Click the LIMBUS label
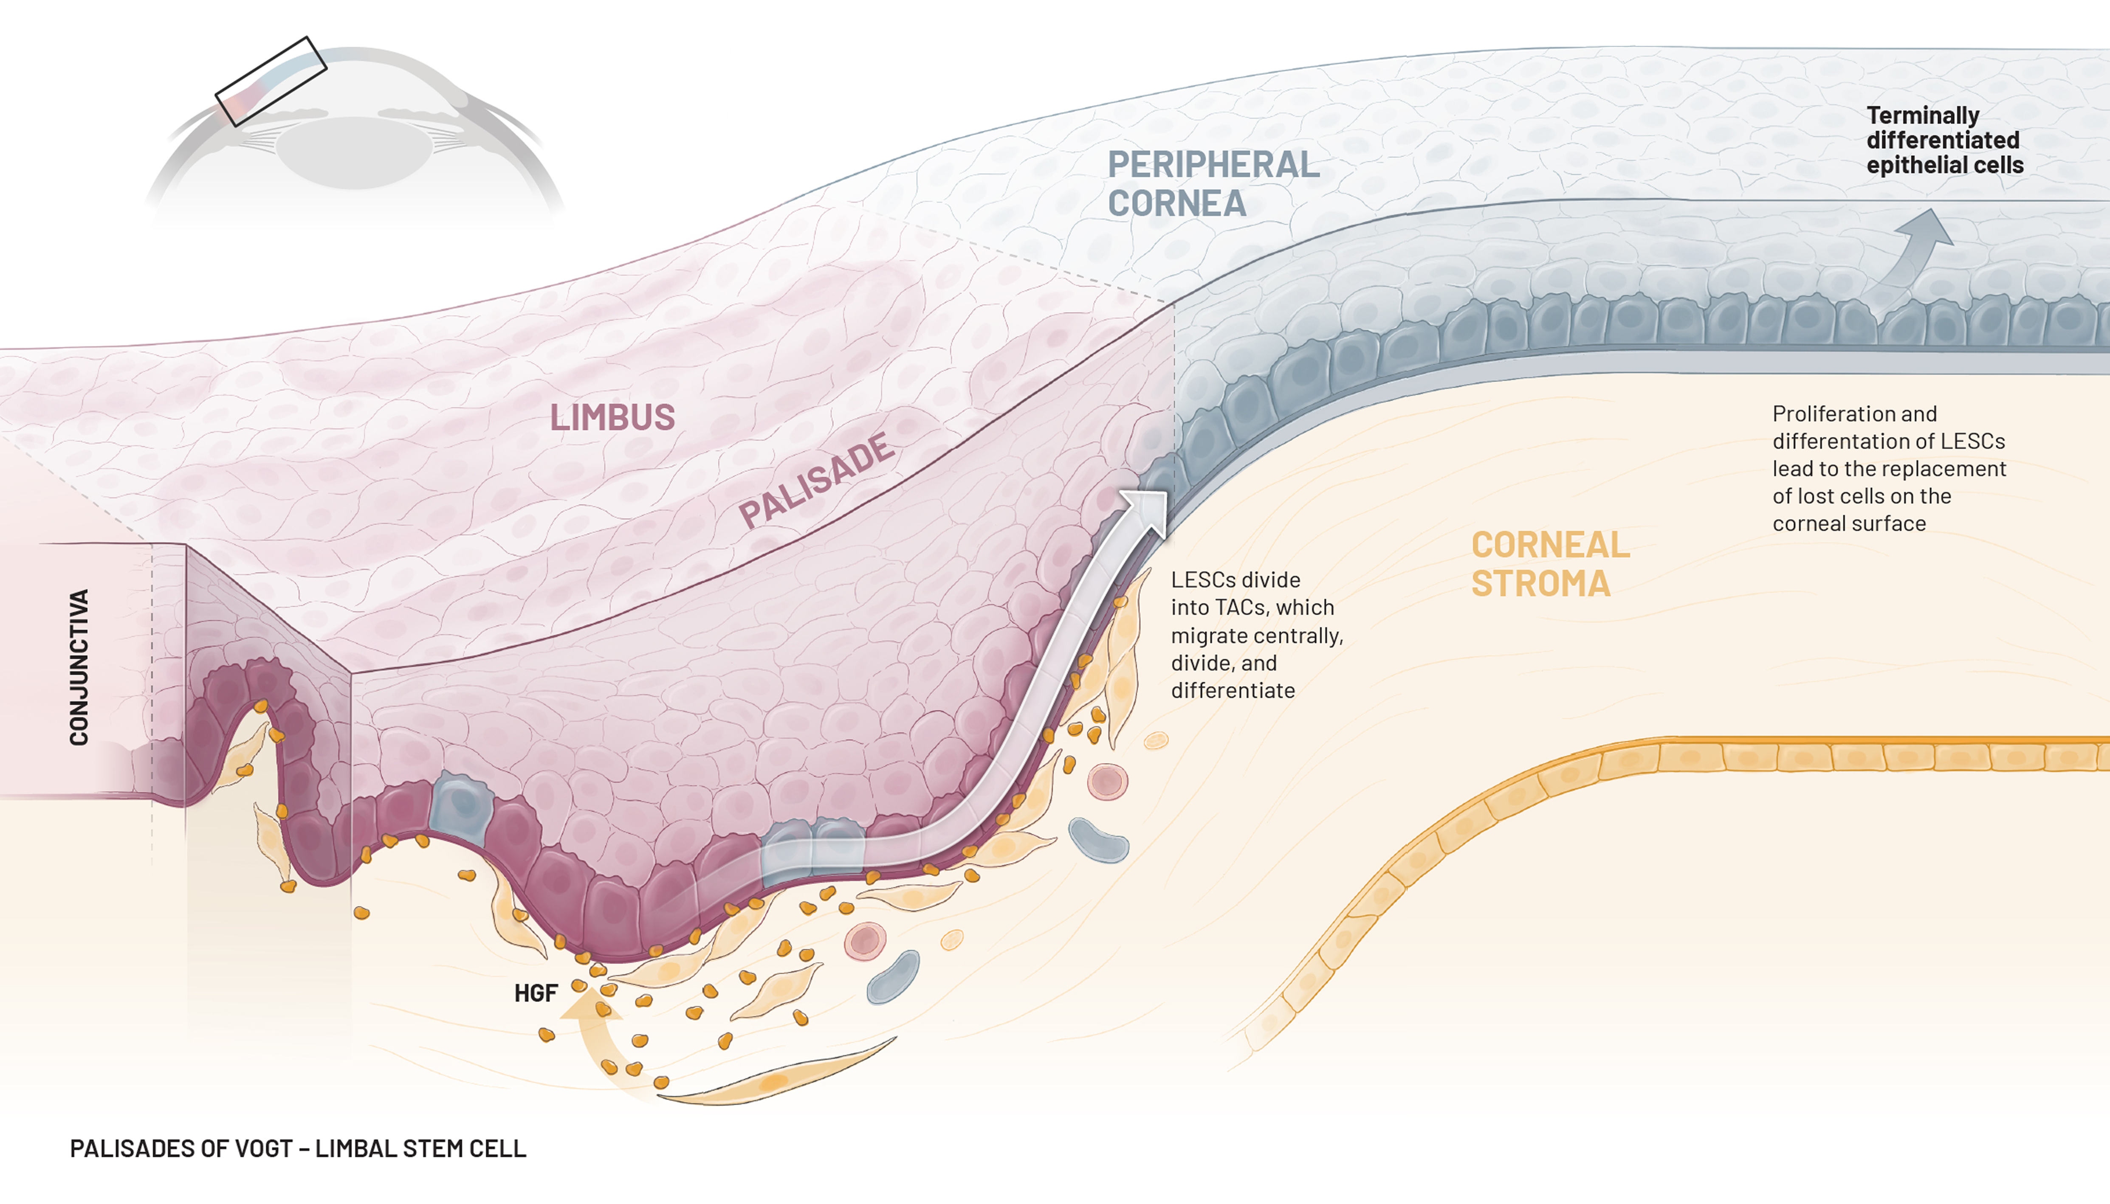click(612, 418)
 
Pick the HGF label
click(536, 993)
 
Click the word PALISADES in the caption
click(122, 1148)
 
